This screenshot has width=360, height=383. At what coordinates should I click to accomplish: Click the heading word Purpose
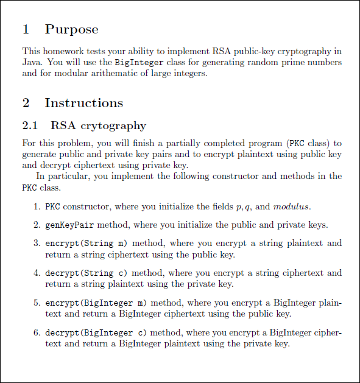click(x=71, y=29)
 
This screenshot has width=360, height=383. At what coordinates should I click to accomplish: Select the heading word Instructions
click(x=83, y=103)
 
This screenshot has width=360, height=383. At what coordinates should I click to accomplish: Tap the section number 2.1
click(x=30, y=126)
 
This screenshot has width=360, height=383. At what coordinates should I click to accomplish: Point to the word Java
click(x=32, y=62)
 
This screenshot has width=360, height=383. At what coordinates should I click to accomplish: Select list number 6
click(x=37, y=332)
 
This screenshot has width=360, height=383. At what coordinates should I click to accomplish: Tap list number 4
click(x=37, y=273)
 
